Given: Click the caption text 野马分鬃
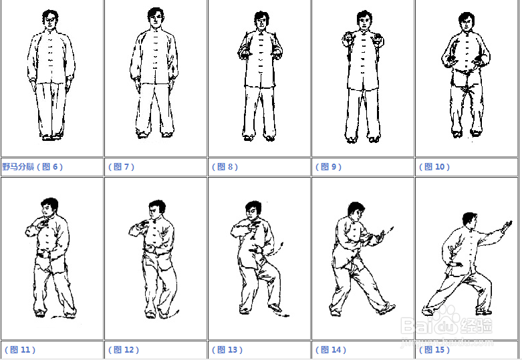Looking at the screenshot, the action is pos(18,166).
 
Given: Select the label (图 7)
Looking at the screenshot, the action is pos(121,166).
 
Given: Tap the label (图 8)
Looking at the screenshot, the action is pos(225,166).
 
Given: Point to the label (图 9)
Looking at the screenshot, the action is pos(328,166).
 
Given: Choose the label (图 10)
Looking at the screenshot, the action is pos(434,166).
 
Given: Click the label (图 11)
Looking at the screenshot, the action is pos(20,350).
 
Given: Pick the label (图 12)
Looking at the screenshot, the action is pos(124,350).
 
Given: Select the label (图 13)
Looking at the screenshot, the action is pos(227,350).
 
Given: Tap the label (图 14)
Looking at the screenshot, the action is pos(331,350).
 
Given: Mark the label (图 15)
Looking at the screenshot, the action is pos(434,350).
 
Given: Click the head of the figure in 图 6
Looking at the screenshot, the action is pos(50,20).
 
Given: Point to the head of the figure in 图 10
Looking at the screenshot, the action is pos(467,22).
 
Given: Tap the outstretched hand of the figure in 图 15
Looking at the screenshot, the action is pos(507,226).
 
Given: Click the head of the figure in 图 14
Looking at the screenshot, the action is pos(355,211).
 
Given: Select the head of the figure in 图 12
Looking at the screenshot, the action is pos(156,210).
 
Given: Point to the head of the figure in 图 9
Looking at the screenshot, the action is pos(364,20).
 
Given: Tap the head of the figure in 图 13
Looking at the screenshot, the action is pos(253,210).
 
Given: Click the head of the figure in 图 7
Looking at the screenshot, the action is pos(156,18).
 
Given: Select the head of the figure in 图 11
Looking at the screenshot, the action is pos(49,208).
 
